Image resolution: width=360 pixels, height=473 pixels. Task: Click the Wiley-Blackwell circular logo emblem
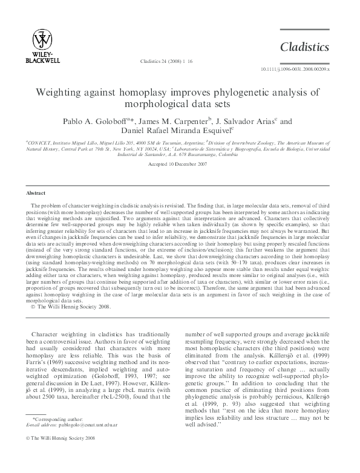point(42,39)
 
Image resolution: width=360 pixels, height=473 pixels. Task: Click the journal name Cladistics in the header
point(304,47)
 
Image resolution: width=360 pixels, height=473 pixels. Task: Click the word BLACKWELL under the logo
point(42,60)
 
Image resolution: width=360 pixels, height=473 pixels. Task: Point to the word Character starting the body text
point(50,334)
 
